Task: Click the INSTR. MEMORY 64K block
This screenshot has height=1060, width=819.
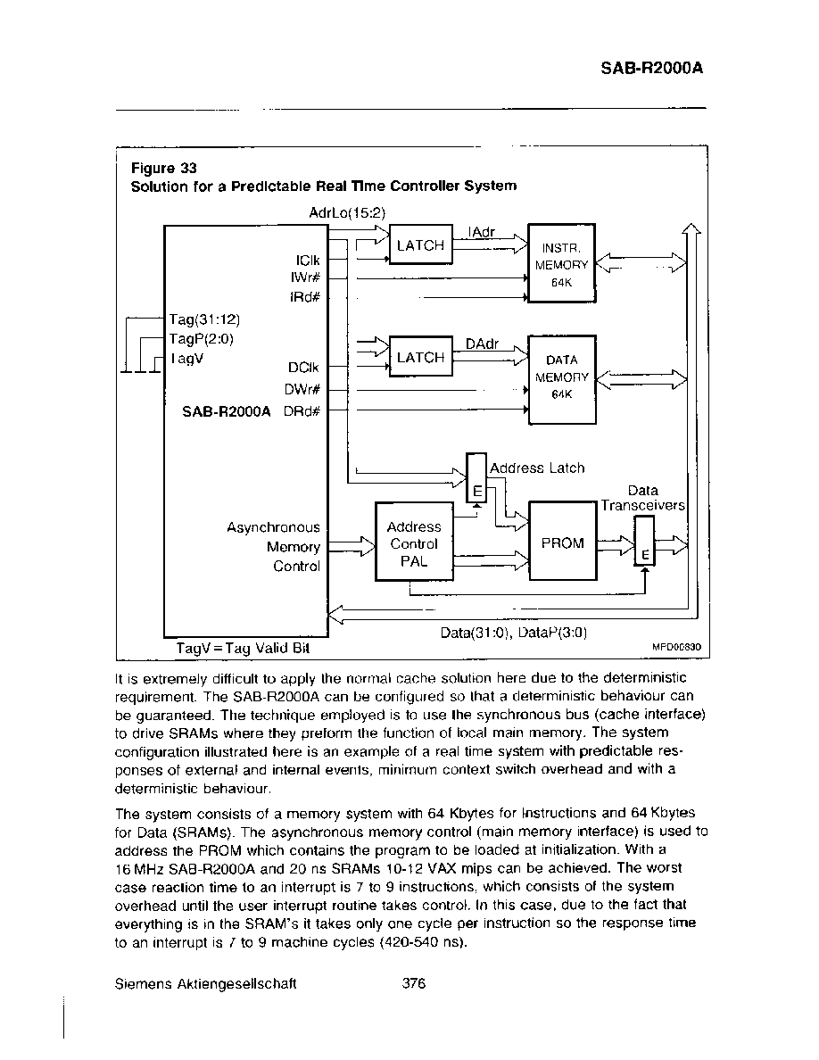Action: coord(561,263)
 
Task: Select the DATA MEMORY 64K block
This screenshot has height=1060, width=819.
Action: coord(561,379)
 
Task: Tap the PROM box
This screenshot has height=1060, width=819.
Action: coord(563,541)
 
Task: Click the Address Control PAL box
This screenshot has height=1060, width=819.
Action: coord(414,542)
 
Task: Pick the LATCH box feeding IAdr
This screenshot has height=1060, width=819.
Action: coord(421,244)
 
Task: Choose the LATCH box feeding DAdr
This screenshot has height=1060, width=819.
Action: coord(421,356)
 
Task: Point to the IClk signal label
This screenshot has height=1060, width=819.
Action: coord(308,261)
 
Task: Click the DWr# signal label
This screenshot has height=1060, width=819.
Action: coord(302,389)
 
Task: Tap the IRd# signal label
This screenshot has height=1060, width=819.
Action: coord(305,297)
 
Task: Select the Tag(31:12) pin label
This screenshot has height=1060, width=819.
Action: coord(204,319)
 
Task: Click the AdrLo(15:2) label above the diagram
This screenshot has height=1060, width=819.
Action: coord(347,213)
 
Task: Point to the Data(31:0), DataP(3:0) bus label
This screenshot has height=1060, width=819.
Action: coord(514,633)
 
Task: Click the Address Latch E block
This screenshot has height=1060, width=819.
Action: coord(477,478)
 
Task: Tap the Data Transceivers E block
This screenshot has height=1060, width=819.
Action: coord(645,541)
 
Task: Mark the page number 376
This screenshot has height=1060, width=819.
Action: coord(414,983)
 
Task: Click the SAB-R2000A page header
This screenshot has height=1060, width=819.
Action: coord(652,68)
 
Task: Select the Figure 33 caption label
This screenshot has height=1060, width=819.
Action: coord(163,168)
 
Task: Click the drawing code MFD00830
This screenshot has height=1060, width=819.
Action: coord(676,647)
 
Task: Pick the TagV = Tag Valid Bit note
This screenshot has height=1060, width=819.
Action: coord(243,649)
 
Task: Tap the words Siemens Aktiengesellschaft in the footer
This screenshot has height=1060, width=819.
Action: coord(205,984)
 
